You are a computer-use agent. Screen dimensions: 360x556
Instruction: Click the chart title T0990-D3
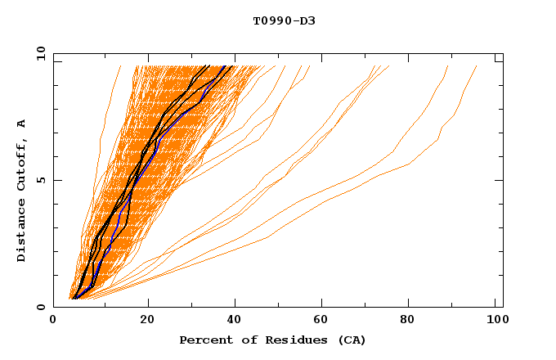[x=284, y=20]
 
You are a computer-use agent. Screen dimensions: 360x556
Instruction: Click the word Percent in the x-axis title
[x=201, y=340]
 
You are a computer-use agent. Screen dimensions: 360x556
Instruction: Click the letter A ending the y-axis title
[x=22, y=124]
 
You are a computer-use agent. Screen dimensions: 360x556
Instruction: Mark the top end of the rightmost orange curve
[x=477, y=66]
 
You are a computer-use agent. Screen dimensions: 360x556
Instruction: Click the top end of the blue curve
[x=226, y=66]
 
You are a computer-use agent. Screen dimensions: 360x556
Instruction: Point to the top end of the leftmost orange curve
[x=120, y=66]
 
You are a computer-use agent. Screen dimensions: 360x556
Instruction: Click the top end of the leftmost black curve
[x=208, y=66]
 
